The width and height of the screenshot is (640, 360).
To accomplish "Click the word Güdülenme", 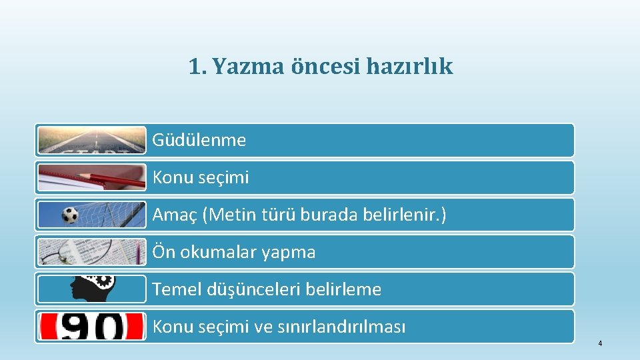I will [199, 141].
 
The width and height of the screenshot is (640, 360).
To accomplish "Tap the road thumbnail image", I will [91, 140].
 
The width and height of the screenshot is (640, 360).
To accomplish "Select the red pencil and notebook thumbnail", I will [91, 177].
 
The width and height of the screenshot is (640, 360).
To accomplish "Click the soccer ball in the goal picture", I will [69, 215].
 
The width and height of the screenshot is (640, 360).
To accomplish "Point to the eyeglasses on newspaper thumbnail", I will [91, 252].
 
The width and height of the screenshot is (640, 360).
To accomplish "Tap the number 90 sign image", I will [91, 326].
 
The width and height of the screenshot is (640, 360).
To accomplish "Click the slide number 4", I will [600, 344].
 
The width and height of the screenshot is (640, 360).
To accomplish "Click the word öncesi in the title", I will [325, 67].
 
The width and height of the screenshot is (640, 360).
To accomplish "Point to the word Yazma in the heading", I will [248, 67].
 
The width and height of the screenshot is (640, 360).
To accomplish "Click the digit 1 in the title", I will [194, 67].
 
